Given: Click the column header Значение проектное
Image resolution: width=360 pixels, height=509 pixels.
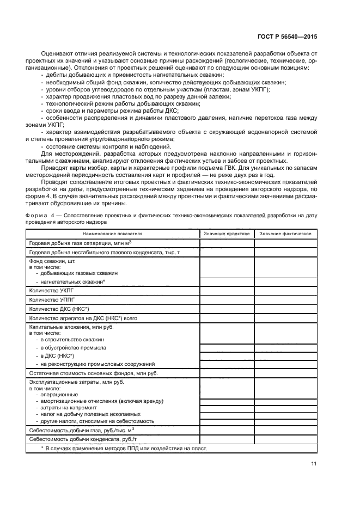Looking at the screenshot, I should click(227, 233).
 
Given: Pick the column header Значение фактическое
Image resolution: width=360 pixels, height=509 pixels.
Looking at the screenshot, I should click(285, 233).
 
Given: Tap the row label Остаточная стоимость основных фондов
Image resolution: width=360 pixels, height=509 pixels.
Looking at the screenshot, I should click(93, 373).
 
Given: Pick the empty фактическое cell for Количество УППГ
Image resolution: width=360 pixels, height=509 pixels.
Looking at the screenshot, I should click(285, 300).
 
